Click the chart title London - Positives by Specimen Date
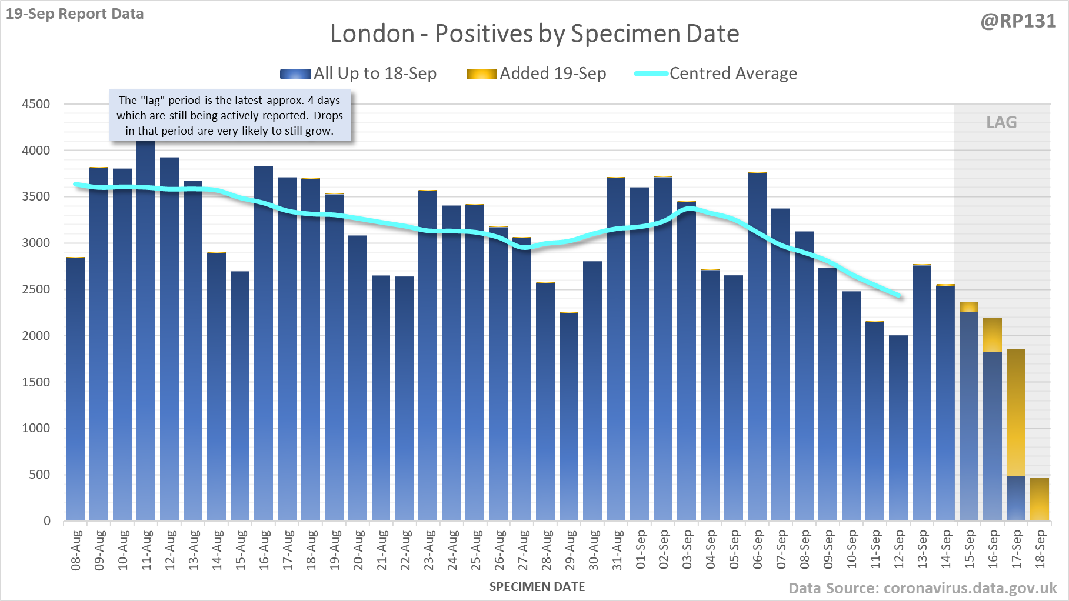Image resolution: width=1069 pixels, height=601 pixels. (x=534, y=34)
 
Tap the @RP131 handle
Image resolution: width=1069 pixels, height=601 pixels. (x=1018, y=21)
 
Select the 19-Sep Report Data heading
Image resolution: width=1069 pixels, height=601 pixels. (x=75, y=14)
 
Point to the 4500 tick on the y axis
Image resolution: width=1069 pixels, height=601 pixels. (x=36, y=104)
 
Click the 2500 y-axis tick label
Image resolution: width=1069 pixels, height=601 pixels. (x=36, y=289)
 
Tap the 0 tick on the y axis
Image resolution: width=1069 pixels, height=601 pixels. (x=47, y=521)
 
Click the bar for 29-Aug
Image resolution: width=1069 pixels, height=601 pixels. (x=569, y=417)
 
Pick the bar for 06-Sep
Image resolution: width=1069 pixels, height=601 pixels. (x=757, y=347)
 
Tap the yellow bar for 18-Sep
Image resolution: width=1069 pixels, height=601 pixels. (x=1040, y=500)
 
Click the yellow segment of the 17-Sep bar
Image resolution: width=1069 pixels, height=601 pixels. (x=1016, y=412)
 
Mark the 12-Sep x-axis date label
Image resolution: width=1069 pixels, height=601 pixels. (x=899, y=550)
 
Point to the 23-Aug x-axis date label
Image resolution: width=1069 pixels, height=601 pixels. (x=429, y=550)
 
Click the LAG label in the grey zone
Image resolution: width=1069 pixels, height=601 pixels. (x=1001, y=122)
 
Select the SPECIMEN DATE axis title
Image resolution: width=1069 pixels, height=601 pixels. (x=537, y=587)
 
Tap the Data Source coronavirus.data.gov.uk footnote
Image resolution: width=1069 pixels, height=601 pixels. (x=923, y=588)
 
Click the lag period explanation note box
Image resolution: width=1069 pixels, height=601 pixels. (x=230, y=116)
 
